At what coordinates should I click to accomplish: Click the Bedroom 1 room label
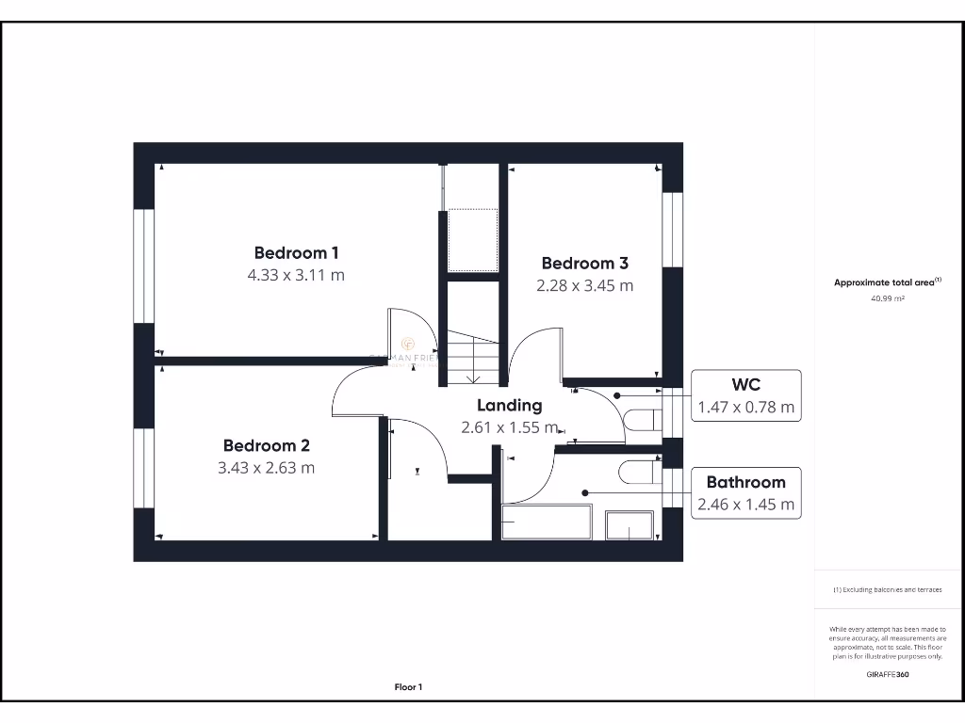click(x=296, y=252)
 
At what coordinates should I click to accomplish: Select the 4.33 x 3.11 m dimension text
click(x=296, y=276)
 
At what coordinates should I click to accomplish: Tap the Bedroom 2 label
click(x=266, y=445)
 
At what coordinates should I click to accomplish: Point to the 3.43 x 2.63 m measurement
click(x=266, y=468)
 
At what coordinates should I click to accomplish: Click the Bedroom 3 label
click(x=584, y=264)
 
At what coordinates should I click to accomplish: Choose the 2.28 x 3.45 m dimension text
click(x=584, y=285)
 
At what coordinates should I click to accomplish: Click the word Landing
click(x=509, y=406)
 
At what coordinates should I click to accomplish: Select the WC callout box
click(x=745, y=395)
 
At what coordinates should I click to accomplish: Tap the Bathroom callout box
click(x=745, y=493)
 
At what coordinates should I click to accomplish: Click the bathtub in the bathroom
click(x=547, y=522)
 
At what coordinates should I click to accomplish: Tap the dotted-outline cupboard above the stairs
click(x=472, y=239)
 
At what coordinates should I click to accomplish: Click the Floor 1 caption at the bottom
click(x=408, y=687)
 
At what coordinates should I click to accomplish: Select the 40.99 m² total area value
click(x=887, y=298)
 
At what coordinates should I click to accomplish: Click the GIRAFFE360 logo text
click(x=887, y=674)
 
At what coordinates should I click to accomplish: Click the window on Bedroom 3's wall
click(x=671, y=230)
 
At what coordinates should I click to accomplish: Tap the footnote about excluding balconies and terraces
click(x=887, y=589)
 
